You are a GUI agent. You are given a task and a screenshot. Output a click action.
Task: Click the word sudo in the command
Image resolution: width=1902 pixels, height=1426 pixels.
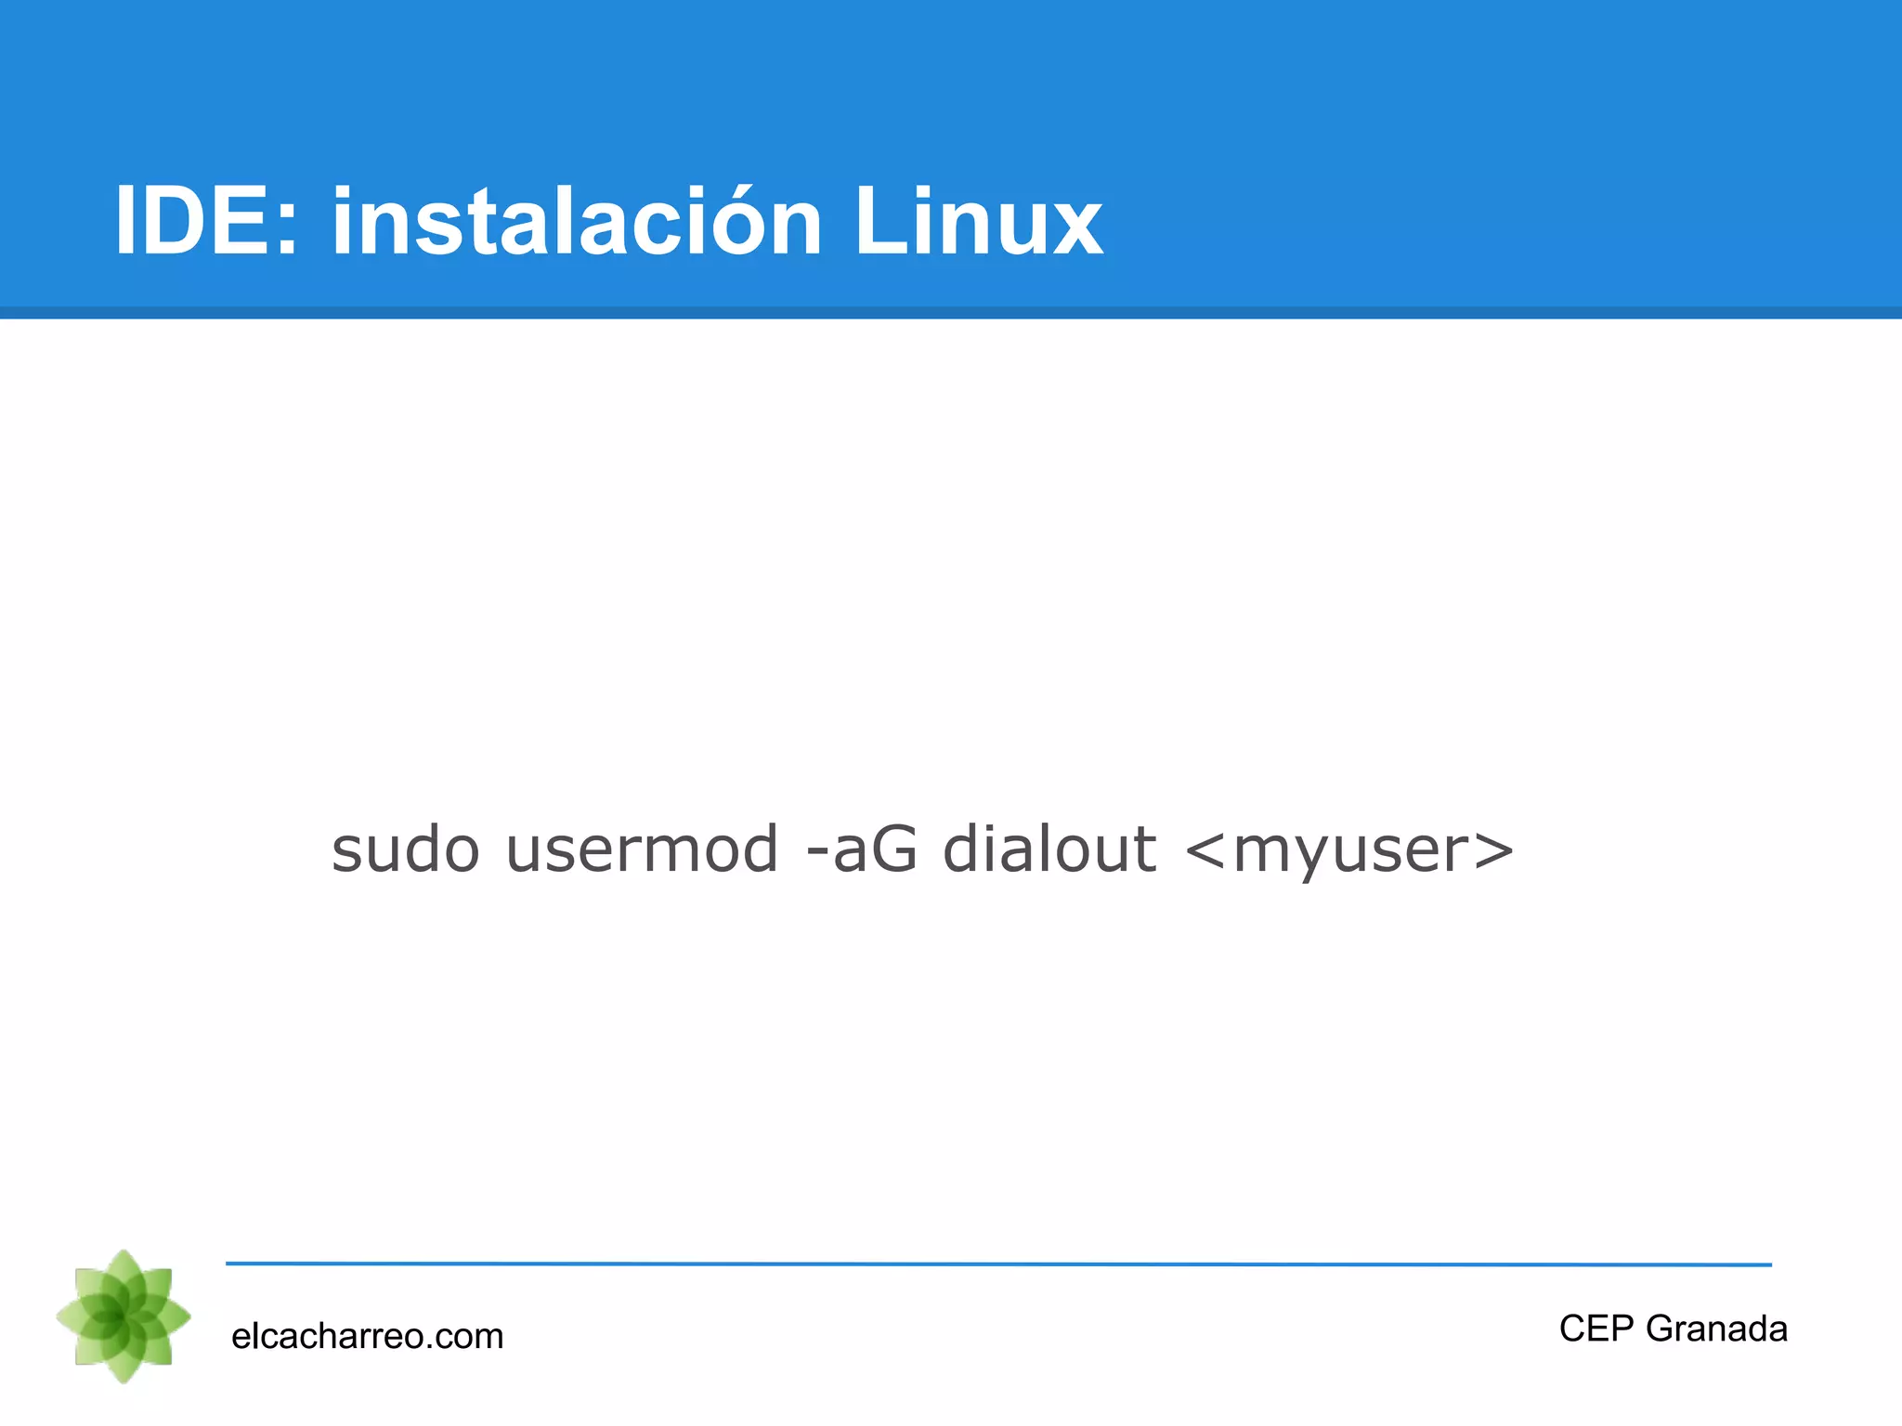[x=406, y=849]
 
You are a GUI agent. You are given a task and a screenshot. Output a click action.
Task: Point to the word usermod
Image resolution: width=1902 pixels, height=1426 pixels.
[x=642, y=849]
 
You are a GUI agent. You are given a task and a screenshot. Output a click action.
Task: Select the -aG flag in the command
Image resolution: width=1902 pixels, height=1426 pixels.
[x=862, y=849]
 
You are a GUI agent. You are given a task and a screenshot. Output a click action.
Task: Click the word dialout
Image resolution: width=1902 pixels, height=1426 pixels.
[x=1049, y=849]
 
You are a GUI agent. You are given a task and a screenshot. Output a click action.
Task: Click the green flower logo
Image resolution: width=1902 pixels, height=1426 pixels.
[x=124, y=1316]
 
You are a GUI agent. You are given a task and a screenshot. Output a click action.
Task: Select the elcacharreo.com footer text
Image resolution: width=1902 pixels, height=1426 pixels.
[x=367, y=1337]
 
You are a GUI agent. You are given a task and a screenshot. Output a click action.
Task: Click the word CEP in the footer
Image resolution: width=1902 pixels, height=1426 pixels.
[x=1596, y=1329]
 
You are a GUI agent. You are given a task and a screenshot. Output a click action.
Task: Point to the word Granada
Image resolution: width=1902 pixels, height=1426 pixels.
[x=1716, y=1329]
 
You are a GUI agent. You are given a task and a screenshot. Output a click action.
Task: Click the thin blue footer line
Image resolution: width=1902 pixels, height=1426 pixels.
[x=998, y=1264]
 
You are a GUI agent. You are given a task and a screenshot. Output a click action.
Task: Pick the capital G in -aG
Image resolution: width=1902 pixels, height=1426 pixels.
[x=893, y=849]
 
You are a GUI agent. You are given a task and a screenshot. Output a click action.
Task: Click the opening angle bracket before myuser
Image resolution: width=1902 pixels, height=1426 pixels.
[x=1206, y=851]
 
